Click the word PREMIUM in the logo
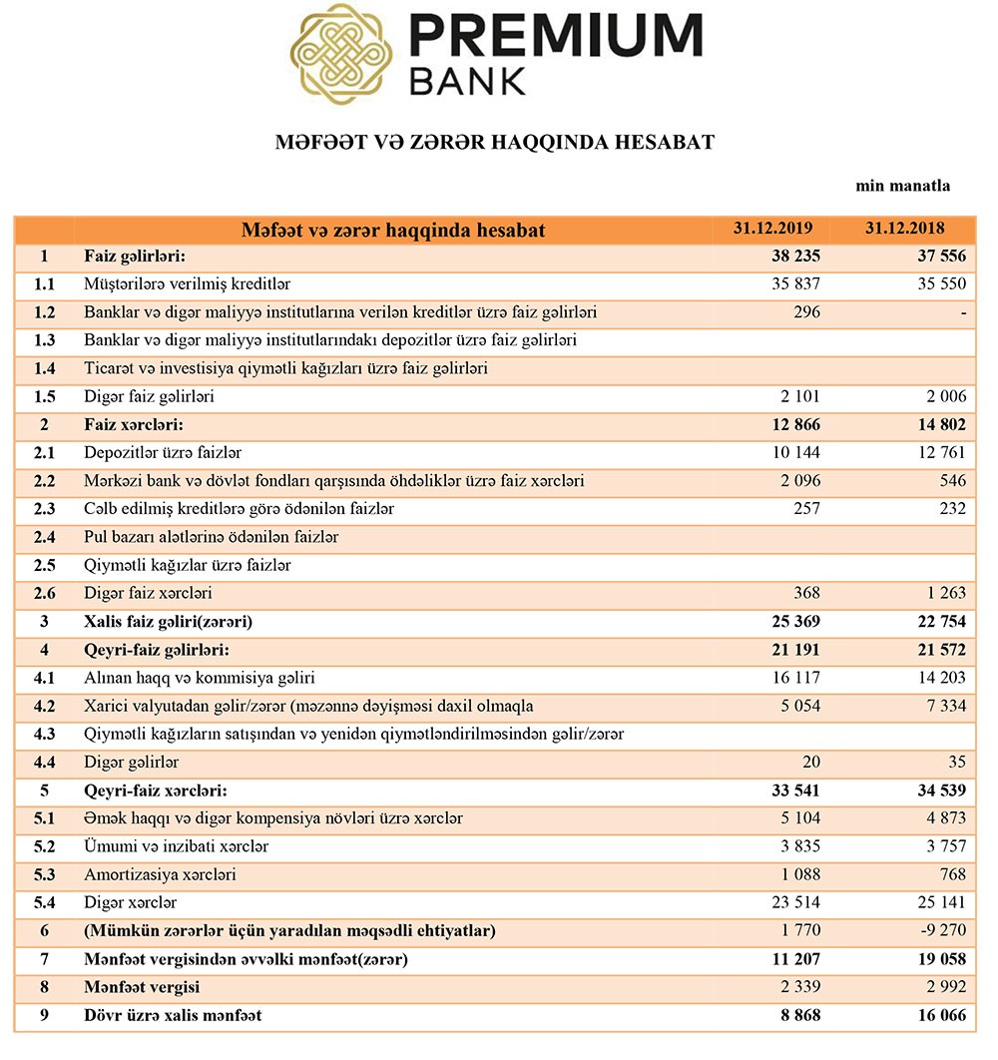(x=556, y=36)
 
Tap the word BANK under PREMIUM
(x=467, y=81)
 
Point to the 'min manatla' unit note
(x=902, y=186)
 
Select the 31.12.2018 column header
(x=904, y=229)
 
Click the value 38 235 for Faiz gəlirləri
(x=795, y=257)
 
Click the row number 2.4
(x=43, y=537)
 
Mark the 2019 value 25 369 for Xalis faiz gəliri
(x=795, y=622)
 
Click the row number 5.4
(x=43, y=903)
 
